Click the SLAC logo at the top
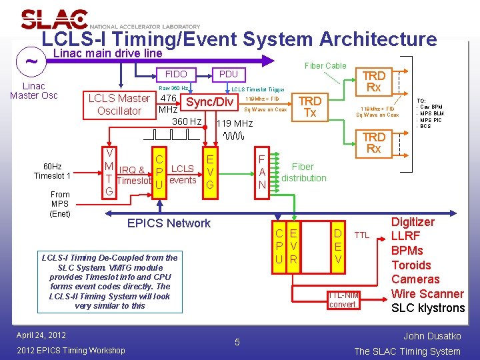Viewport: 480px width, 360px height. pos(55,19)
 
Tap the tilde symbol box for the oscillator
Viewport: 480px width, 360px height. pos(31,62)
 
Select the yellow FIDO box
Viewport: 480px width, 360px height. pos(176,74)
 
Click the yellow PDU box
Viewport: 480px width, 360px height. pos(228,74)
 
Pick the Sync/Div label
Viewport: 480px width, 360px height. pos(209,102)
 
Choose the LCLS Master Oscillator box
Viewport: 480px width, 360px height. pos(119,105)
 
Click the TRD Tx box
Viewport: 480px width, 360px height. pos(309,107)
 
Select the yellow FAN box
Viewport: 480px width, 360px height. pos(262,171)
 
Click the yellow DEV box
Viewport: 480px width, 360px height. pos(338,246)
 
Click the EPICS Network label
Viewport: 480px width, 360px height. pos(169,223)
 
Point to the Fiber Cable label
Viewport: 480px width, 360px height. pos(325,65)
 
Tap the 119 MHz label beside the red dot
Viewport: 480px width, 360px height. pos(234,123)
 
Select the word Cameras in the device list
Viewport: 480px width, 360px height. pos(415,279)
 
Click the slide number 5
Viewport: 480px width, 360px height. pos(236,343)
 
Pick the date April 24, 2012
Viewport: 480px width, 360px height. pos(41,335)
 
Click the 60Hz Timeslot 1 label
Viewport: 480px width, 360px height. pos(52,171)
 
